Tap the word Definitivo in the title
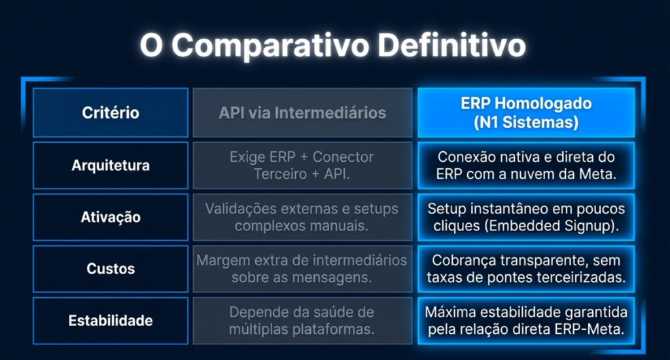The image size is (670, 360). coord(451,45)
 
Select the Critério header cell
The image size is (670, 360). coord(110,113)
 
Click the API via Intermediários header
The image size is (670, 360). coord(302,113)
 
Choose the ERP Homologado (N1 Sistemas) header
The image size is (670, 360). coord(526,113)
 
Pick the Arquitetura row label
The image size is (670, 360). coord(110,166)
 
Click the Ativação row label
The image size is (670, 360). coord(110,217)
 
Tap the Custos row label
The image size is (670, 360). coord(110,269)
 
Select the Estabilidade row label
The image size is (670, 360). coord(110,321)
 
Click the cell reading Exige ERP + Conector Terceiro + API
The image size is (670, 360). coord(302,166)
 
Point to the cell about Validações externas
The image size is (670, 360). coord(302,217)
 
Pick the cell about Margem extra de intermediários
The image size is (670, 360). coord(302,269)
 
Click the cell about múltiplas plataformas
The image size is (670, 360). coord(302,321)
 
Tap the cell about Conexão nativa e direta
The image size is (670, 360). coord(526,166)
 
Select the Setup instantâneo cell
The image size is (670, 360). coord(526,217)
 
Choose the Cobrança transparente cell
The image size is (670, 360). coord(526,269)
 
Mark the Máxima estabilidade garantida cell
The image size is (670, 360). coord(526,321)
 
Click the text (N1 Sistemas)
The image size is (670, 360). coord(526,122)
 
